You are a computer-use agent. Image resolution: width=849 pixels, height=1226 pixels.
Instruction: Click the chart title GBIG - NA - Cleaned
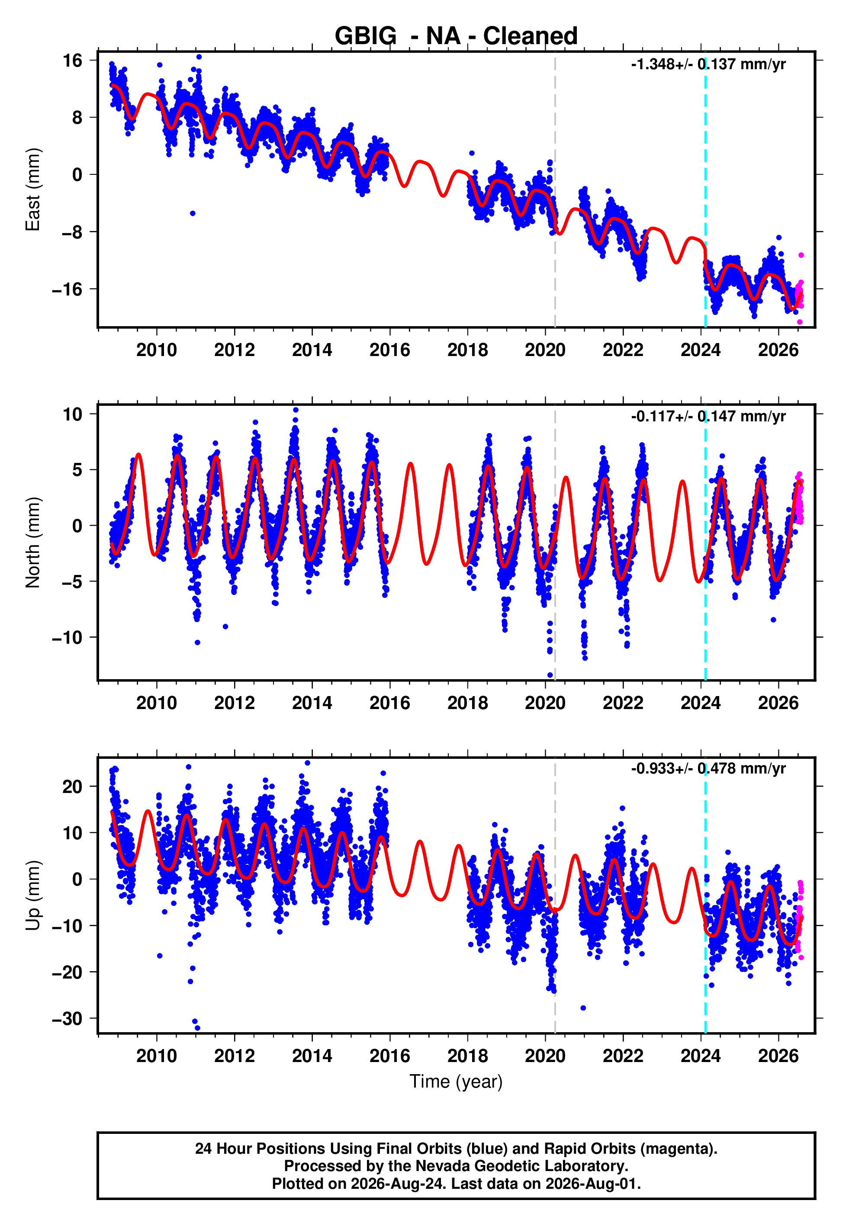pos(456,36)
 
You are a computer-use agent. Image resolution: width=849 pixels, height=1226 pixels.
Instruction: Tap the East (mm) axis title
pos(33,189)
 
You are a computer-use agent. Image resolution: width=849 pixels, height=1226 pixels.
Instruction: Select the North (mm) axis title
pos(33,542)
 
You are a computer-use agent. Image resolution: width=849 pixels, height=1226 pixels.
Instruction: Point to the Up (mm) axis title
pos(33,895)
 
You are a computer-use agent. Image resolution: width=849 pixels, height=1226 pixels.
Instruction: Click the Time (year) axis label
pos(456,1082)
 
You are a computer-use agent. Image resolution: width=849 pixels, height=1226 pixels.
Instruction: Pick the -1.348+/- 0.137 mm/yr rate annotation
pos(708,64)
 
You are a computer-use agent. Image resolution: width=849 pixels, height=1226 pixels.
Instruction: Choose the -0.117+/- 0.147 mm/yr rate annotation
pos(708,416)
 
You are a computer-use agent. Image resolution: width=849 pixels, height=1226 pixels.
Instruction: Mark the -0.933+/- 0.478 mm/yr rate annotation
pos(708,769)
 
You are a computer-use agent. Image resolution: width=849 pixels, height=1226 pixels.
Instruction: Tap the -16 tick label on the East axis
pos(68,289)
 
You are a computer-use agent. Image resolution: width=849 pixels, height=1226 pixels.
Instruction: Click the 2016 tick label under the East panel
pos(390,350)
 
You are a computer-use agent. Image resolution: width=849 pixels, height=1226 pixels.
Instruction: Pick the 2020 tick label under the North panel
pos(545,703)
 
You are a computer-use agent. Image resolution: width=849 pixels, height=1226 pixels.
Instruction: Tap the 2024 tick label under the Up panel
pos(701,1056)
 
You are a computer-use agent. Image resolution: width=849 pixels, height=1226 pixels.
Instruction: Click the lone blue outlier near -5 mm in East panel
pos(193,213)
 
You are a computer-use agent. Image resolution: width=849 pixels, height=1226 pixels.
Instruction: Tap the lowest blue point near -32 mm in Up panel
pos(197,1028)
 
